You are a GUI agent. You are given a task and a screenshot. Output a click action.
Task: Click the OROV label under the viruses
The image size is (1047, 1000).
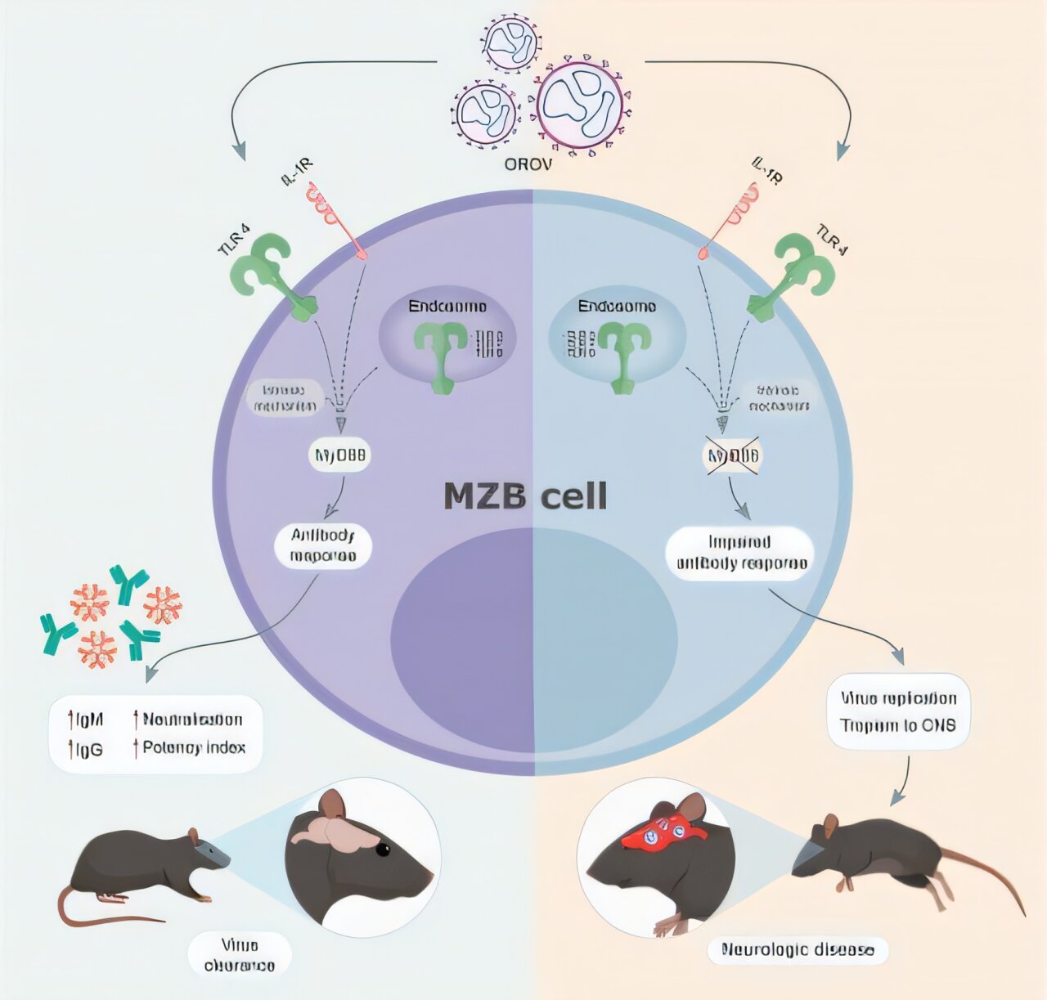[x=528, y=164]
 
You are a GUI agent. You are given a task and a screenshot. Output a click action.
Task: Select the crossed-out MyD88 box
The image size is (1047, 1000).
[x=733, y=455]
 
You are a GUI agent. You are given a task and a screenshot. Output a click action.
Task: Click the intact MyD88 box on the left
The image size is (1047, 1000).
[x=339, y=455]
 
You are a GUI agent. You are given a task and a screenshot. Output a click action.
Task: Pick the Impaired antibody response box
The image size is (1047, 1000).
[x=741, y=553]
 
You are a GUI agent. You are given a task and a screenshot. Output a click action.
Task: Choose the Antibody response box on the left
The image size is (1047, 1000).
[x=323, y=546]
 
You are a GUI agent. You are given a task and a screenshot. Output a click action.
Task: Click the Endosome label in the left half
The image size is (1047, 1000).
[x=447, y=307]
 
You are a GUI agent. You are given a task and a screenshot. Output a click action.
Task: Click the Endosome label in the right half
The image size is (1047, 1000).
[x=617, y=307]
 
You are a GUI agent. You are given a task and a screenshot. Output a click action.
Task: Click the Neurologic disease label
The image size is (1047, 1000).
[x=798, y=949]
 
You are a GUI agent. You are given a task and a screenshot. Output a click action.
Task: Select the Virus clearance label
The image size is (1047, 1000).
[x=240, y=955]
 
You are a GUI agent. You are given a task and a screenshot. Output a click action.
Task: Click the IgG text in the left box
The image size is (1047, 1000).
[x=87, y=748]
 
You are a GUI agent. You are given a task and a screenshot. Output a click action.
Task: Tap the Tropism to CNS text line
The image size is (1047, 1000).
[x=897, y=725]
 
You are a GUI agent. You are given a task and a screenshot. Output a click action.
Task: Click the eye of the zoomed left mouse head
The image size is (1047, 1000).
[x=382, y=850]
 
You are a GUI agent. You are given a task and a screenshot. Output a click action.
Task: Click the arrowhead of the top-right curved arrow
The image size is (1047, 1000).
[x=842, y=151]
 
